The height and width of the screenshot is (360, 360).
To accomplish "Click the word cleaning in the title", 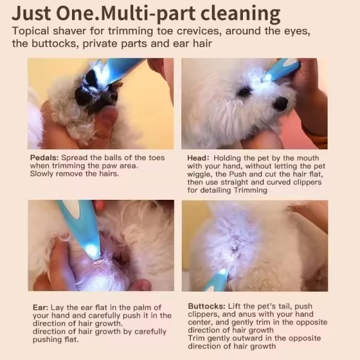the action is pyautogui.click(x=241, y=14).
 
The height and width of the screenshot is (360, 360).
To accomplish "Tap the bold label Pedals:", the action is pyautogui.click(x=44, y=158).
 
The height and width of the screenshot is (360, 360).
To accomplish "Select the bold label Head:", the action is pyautogui.click(x=198, y=158).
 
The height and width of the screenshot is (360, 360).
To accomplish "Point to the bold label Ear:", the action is pyautogui.click(x=40, y=307).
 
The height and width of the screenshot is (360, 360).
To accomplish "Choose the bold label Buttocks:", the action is pyautogui.click(x=206, y=306).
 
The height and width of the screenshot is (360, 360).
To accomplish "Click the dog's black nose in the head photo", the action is pyautogui.click(x=281, y=104).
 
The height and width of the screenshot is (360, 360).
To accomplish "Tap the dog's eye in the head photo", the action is pyautogui.click(x=244, y=92).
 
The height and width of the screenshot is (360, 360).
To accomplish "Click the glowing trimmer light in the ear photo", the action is pyautogui.click(x=92, y=249).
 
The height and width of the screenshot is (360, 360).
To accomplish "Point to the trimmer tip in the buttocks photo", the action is pyautogui.click(x=222, y=272).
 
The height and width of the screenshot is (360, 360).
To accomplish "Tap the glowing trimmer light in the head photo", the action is pyautogui.click(x=268, y=77).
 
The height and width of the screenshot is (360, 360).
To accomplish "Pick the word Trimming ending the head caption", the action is pyautogui.click(x=250, y=190).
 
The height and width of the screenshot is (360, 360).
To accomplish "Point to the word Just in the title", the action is pyautogui.click(x=31, y=14).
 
